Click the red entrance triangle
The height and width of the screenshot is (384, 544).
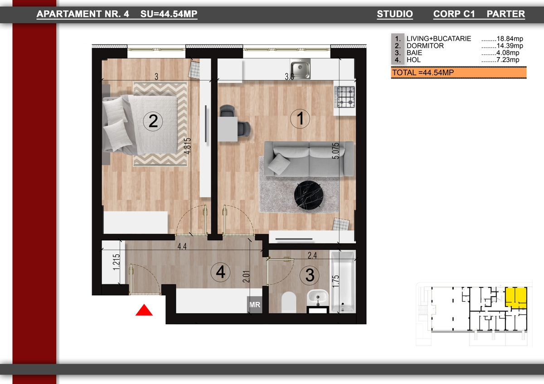pos(144,310)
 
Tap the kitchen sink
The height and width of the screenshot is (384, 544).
pos(300,69)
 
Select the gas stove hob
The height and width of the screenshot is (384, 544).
pos(345,97)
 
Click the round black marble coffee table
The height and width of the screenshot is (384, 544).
pos(308,195)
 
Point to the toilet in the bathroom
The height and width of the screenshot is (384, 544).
pos(288,302)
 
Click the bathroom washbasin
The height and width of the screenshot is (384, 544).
pos(317,298)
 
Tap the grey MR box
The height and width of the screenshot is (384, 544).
pos(255,305)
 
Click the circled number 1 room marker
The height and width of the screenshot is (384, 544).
pos(300,119)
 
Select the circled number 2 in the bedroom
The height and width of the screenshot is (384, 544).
pos(153,121)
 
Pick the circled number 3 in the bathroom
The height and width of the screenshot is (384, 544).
pos(310,275)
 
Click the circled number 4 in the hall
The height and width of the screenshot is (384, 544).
pos(220,272)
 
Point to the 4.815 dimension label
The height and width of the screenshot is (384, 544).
pos(188,146)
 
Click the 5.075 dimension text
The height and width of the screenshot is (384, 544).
pos(335,151)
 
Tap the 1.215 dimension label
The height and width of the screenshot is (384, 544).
pos(117,262)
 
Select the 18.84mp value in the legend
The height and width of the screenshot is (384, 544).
pos(510,38)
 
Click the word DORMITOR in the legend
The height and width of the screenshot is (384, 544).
pos(425,46)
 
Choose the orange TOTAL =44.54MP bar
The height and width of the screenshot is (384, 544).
pos(459,72)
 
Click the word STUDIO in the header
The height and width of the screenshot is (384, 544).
pos(395,14)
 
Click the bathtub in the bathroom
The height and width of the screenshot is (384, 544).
pos(343,281)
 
